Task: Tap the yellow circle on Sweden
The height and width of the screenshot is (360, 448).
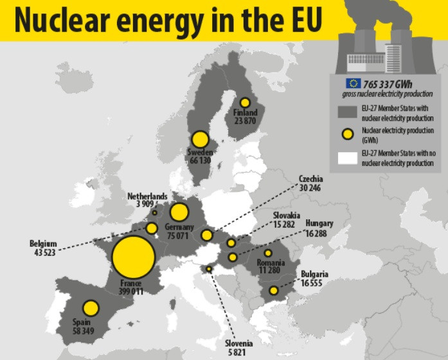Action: [200, 139]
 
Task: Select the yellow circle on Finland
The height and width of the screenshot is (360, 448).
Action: [245, 102]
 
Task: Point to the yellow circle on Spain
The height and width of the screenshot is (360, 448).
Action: [91, 309]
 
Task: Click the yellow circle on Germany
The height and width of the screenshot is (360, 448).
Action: [179, 212]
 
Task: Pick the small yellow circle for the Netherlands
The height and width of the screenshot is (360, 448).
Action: [155, 212]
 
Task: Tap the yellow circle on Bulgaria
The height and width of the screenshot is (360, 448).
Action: [274, 291]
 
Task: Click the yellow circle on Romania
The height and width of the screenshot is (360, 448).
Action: [268, 253]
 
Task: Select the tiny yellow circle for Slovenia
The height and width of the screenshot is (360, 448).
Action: [209, 269]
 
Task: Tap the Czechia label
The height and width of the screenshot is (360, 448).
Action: [310, 179]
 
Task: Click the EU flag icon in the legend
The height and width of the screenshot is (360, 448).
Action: [352, 82]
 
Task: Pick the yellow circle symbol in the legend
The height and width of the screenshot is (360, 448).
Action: [347, 134]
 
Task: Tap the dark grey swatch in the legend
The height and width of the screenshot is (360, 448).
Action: [347, 111]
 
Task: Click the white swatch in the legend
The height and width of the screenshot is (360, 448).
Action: [347, 157]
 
